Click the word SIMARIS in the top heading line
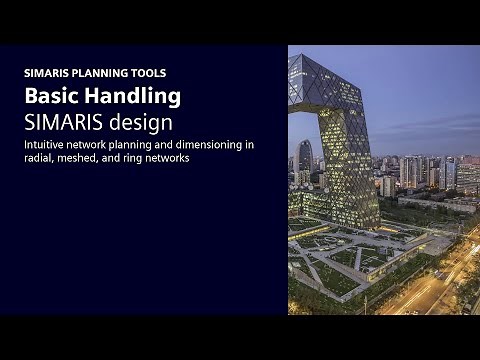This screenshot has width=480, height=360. coord(46,73)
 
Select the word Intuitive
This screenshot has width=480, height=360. coord(46,144)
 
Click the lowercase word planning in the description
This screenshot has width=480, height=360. coord(129,144)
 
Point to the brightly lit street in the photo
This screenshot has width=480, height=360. coord(440,280)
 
